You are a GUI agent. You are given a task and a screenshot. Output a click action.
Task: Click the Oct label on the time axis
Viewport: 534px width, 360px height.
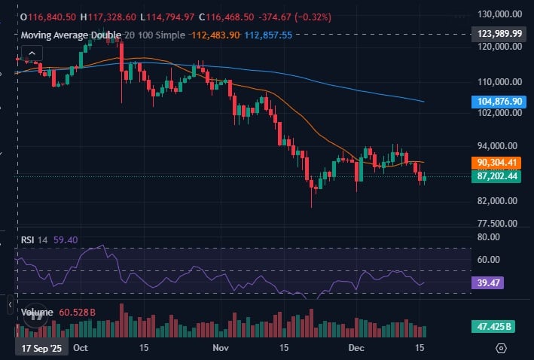click(81, 349)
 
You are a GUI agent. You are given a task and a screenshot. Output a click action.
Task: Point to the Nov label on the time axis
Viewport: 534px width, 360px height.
click(221, 349)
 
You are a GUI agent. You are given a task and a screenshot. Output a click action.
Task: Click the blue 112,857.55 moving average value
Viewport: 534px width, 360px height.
click(268, 35)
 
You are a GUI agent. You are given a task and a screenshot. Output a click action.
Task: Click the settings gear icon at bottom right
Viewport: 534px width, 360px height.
click(502, 348)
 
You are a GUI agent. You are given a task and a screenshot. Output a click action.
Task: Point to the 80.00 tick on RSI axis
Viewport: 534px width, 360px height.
click(489, 236)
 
